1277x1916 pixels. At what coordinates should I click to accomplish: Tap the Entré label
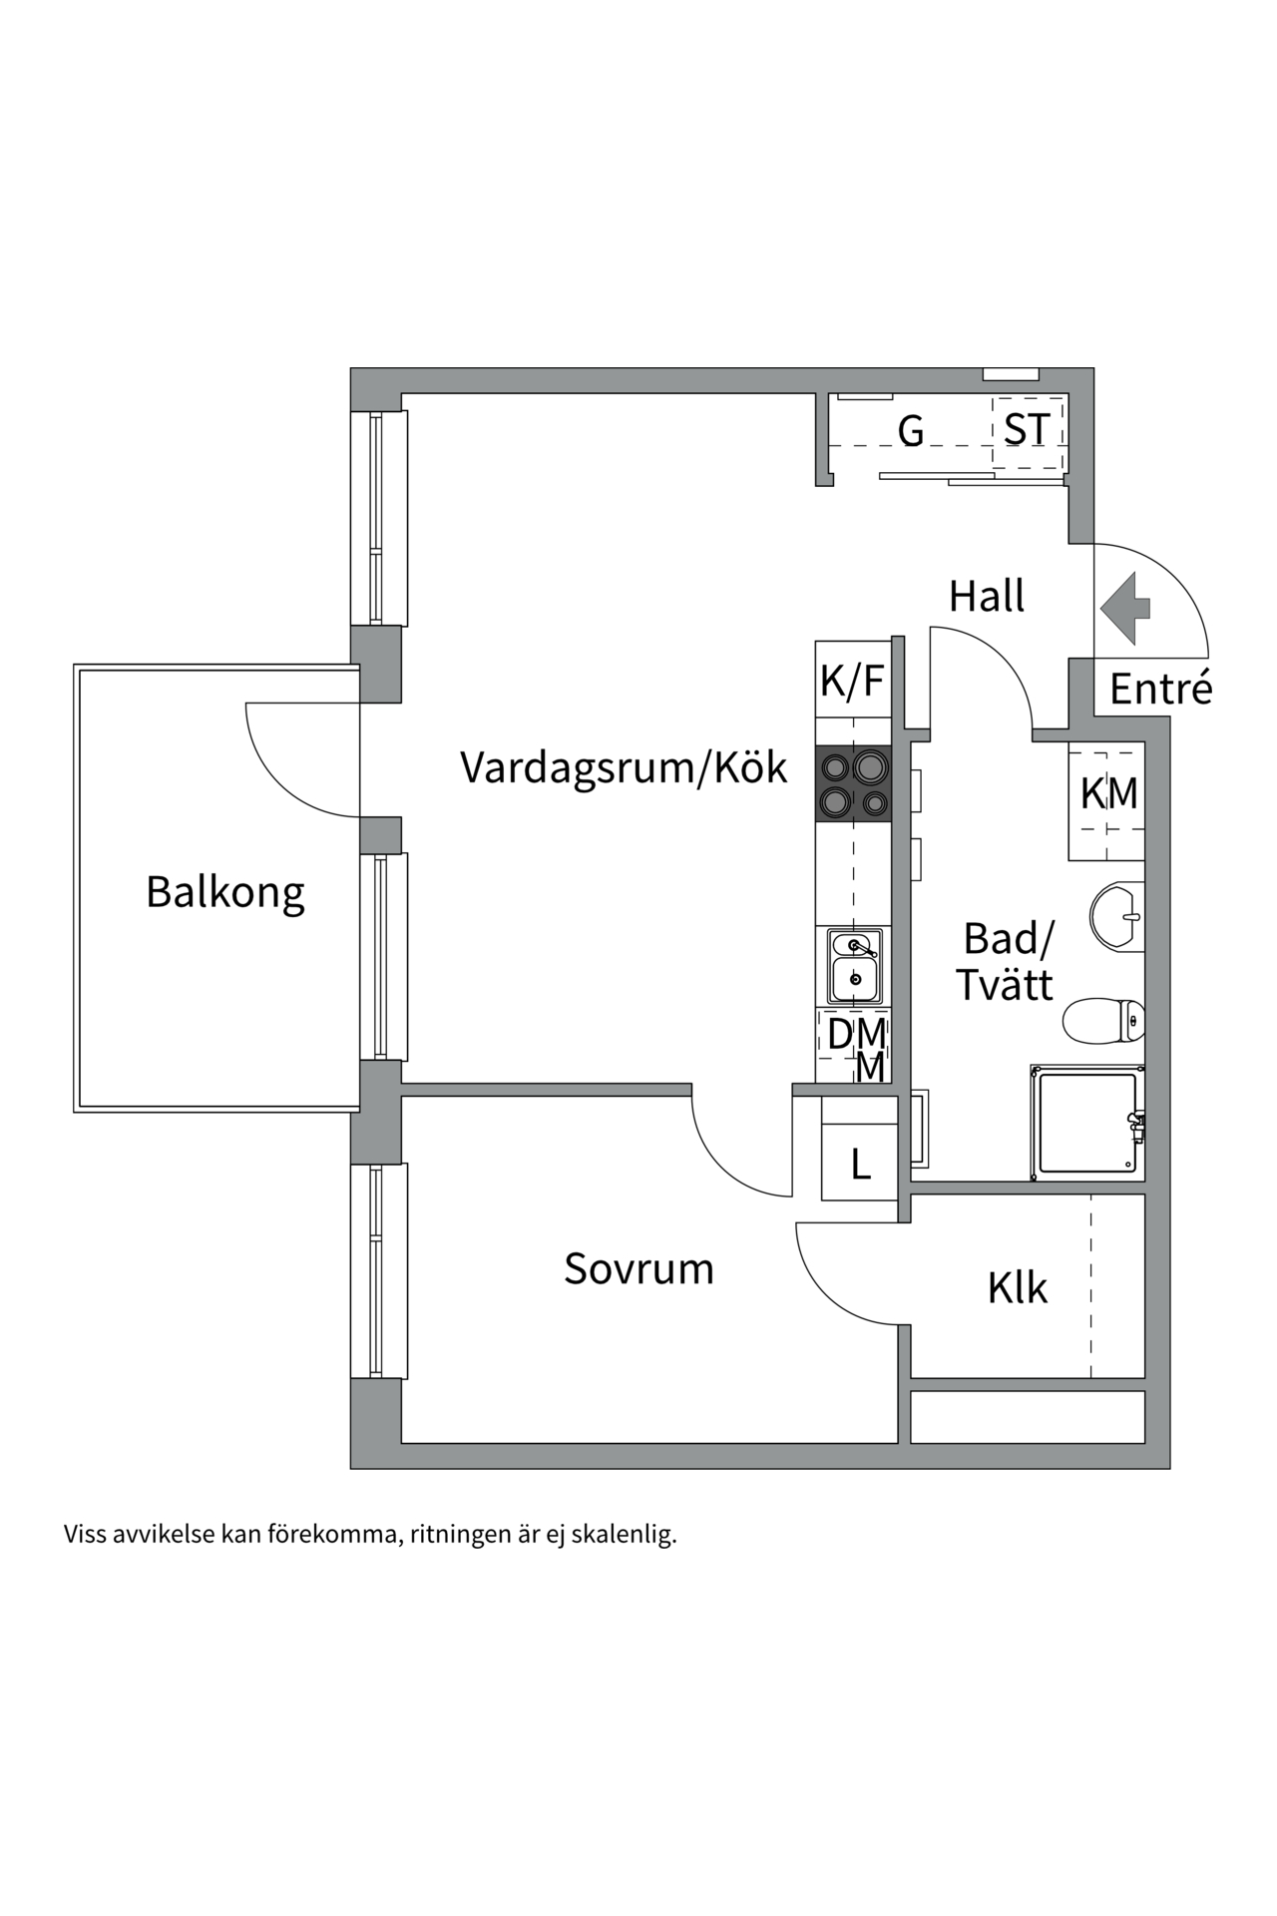coord(1160,689)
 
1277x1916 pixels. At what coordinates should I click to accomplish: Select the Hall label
coord(986,597)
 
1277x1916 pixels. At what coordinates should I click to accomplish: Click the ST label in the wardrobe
coord(1027,430)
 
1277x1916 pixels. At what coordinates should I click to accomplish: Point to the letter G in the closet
coord(910,431)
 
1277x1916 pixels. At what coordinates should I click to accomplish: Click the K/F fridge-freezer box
coord(852,681)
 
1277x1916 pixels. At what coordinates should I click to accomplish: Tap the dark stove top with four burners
coord(853,783)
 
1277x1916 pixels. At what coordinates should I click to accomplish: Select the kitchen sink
coord(854,966)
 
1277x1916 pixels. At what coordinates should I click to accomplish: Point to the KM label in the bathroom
coord(1108,794)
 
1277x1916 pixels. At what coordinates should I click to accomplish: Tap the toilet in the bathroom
coord(1104,1020)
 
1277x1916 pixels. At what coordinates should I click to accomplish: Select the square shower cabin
coord(1087,1123)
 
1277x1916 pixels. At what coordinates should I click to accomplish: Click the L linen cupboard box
coord(860,1164)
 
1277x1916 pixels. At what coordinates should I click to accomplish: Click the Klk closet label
coord(1017,1288)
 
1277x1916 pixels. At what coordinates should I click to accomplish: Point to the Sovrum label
coord(638,1269)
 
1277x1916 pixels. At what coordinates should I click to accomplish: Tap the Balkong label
coord(225,892)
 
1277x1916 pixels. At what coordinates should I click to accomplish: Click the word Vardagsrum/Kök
coord(624,767)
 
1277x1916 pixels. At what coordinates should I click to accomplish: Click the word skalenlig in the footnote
coord(624,1534)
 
